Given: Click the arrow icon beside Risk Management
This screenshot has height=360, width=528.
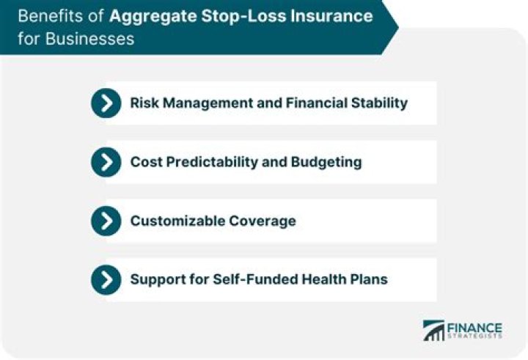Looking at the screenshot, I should coord(106,103).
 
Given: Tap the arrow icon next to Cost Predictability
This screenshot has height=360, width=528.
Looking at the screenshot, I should coord(106,162).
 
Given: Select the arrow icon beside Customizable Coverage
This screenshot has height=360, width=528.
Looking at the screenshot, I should coord(106,221).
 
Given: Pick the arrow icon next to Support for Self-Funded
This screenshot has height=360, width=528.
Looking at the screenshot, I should coord(106,279).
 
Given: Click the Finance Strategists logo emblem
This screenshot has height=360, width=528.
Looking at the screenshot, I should coord(434,330).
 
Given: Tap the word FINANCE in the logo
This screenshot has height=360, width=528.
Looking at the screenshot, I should coord(474,326).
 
